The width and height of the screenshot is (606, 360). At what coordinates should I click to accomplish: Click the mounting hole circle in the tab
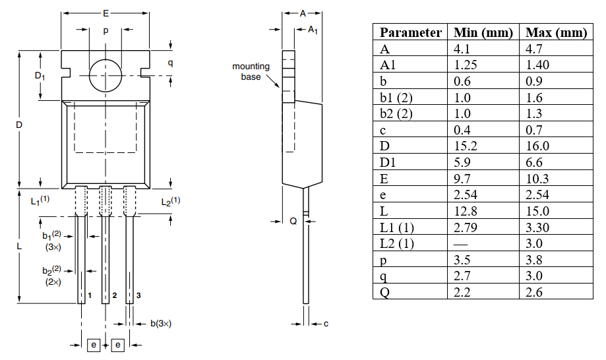pyautogui.click(x=106, y=74)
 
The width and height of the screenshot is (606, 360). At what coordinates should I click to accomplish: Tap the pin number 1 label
pyautogui.click(x=90, y=295)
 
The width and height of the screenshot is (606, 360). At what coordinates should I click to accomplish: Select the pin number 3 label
pyautogui.click(x=138, y=295)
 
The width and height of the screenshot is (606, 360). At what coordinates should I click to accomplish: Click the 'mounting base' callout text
pyautogui.click(x=251, y=71)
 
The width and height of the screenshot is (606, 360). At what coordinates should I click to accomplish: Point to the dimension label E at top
pyautogui.click(x=106, y=13)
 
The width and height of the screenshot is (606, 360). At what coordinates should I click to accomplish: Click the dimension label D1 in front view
pyautogui.click(x=40, y=76)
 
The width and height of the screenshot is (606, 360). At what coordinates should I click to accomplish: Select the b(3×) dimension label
pyautogui.click(x=161, y=323)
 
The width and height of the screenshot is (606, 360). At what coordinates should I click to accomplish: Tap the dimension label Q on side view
pyautogui.click(x=293, y=222)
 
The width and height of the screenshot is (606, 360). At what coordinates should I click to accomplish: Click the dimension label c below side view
pyautogui.click(x=326, y=323)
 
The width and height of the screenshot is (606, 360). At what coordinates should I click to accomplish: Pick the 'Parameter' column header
pyautogui.click(x=410, y=32)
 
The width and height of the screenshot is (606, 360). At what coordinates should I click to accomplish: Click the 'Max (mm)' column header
pyautogui.click(x=555, y=32)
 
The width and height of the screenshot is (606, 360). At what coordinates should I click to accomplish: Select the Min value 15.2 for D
pyautogui.click(x=466, y=146)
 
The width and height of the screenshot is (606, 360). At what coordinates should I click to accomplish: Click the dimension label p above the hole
pyautogui.click(x=106, y=30)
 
